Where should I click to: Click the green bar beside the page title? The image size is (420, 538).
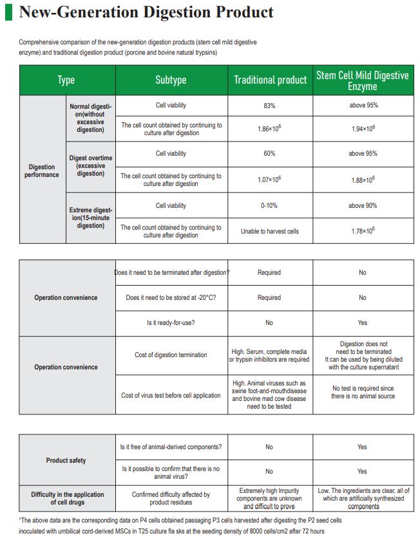tap(8, 13)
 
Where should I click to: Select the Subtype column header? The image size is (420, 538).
tap(171, 80)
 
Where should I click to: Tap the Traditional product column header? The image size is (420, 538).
tap(270, 80)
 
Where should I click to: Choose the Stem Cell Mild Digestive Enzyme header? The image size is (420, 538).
tap(362, 80)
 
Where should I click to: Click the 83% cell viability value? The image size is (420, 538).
tap(269, 105)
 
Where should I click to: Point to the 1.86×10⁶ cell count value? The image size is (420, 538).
tap(269, 129)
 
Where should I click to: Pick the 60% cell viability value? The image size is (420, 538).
tap(269, 154)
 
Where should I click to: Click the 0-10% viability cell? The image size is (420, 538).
tap(269, 206)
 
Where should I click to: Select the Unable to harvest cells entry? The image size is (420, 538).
tap(269, 231)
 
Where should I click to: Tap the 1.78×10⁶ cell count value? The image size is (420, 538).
tap(363, 231)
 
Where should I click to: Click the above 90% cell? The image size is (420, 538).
tap(363, 206)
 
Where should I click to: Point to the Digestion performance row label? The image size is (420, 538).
tap(42, 171)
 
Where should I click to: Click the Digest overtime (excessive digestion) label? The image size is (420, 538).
tap(91, 165)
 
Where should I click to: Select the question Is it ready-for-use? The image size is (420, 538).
tap(171, 323)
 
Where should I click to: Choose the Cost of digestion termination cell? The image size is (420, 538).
tap(171, 355)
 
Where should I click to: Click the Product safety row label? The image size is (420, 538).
tap(66, 460)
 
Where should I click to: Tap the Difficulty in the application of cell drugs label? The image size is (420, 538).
tap(67, 498)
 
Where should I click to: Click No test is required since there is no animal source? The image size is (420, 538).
tap(363, 392)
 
